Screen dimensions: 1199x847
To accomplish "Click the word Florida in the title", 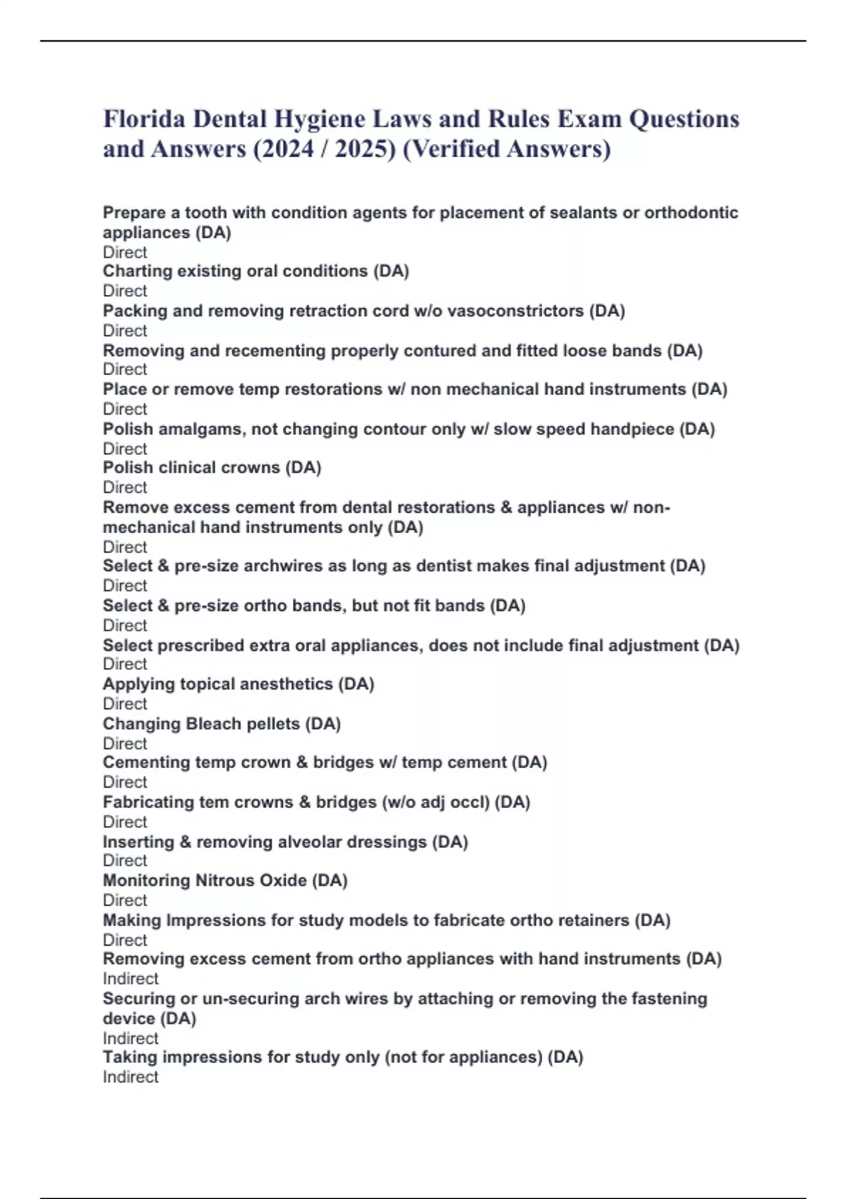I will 145,118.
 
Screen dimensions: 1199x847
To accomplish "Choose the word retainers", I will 595,920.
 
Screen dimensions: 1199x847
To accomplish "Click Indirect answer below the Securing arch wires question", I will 131,1038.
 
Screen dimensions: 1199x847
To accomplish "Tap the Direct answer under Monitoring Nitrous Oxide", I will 125,900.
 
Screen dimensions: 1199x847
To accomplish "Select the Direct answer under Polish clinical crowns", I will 125,487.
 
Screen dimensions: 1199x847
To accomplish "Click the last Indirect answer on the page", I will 131,1077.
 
